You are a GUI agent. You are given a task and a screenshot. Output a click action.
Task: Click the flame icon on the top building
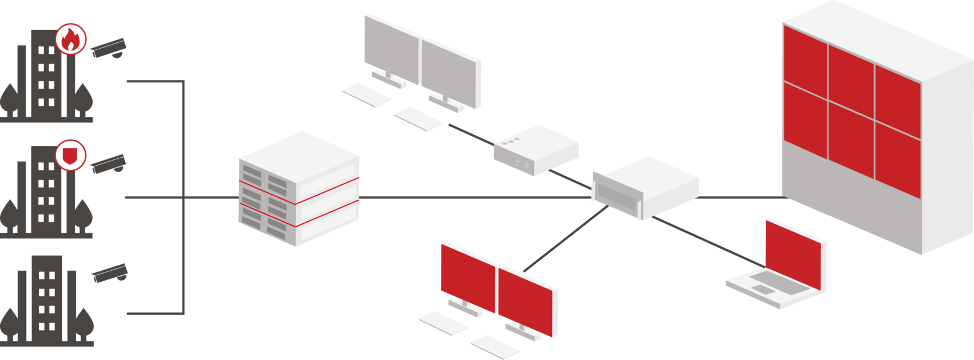[x=71, y=39]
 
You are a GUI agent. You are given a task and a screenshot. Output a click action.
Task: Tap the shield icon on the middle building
[x=71, y=155]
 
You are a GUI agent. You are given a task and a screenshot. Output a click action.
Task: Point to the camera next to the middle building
[x=109, y=163]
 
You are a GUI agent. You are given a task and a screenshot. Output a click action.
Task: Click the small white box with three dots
[x=536, y=150]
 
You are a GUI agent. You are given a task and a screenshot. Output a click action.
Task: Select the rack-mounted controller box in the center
[x=645, y=187]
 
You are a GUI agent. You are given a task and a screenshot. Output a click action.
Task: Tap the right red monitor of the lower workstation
[x=526, y=301]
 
